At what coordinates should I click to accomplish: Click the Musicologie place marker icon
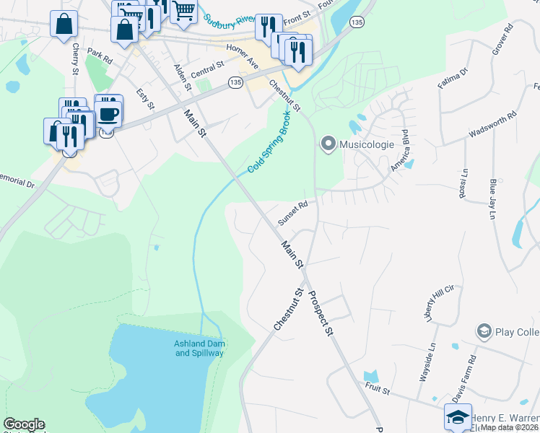coord(328,144)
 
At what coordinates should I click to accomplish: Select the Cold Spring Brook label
coord(269,143)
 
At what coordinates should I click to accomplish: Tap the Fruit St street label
coord(376,390)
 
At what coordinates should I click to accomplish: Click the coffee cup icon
coord(108,113)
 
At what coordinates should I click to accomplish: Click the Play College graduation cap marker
coord(484,332)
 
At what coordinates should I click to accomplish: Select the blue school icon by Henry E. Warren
coord(458,416)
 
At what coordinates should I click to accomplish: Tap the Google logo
coord(24,424)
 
